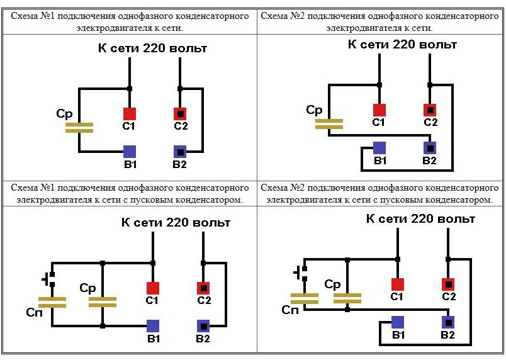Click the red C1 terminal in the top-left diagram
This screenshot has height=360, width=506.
(129, 114)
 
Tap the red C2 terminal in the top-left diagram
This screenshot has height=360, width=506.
(180, 114)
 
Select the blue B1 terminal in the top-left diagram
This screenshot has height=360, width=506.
(129, 152)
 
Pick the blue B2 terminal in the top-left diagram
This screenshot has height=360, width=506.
(180, 152)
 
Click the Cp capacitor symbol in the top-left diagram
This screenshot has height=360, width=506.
(79, 128)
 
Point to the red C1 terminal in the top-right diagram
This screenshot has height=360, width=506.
(379, 110)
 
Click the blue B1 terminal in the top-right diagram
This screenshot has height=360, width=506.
(379, 148)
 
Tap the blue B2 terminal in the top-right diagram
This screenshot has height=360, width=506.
(430, 148)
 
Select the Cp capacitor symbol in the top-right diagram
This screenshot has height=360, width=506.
(329, 123)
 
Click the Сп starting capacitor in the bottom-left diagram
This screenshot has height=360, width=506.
(52, 301)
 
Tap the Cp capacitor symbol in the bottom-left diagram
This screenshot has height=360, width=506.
(103, 301)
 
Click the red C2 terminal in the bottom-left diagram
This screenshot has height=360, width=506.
(203, 288)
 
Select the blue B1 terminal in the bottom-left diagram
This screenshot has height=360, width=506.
(153, 325)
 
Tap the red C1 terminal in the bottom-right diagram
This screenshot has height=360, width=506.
(397, 284)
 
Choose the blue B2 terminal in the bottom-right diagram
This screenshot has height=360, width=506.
(448, 322)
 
